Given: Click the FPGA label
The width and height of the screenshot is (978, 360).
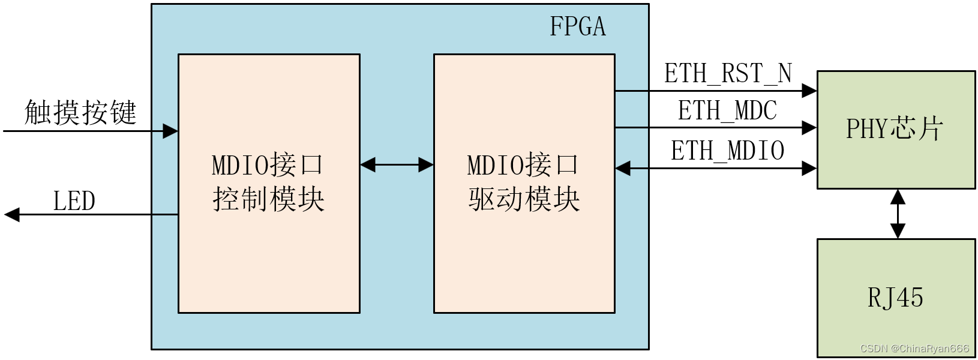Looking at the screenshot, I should [x=577, y=27].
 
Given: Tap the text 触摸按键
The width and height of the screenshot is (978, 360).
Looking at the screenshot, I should [x=80, y=112].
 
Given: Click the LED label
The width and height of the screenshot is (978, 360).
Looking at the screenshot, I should [x=74, y=202].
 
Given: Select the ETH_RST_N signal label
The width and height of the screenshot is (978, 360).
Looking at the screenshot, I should [x=728, y=74].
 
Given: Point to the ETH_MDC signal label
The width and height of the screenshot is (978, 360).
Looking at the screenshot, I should [x=727, y=111].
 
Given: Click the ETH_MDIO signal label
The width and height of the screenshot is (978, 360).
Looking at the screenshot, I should [x=727, y=151].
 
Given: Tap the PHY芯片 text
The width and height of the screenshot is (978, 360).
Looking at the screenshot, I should [x=895, y=129].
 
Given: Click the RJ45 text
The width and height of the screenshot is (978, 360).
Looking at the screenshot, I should [x=895, y=298].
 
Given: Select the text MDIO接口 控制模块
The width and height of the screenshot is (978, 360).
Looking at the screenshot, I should [x=268, y=182].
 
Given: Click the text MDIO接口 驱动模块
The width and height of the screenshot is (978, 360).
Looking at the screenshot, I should [x=524, y=182].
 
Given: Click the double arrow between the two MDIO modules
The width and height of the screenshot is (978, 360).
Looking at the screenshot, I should [x=397, y=164].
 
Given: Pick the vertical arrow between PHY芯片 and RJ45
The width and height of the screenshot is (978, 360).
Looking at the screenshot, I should [x=898, y=214].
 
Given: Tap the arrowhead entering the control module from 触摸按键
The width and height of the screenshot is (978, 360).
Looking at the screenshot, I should [x=170, y=131].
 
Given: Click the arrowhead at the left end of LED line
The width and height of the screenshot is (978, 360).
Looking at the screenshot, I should [x=12, y=214].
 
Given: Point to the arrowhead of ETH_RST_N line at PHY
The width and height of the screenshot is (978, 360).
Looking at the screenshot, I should [x=809, y=91].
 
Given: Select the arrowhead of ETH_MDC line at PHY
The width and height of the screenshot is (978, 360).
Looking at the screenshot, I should [x=809, y=127].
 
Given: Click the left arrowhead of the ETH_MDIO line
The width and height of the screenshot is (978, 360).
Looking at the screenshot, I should [x=623, y=169].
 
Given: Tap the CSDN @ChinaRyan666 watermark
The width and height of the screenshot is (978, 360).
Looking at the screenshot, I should [x=914, y=349].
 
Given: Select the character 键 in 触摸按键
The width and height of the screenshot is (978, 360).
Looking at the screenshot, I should [x=124, y=112].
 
